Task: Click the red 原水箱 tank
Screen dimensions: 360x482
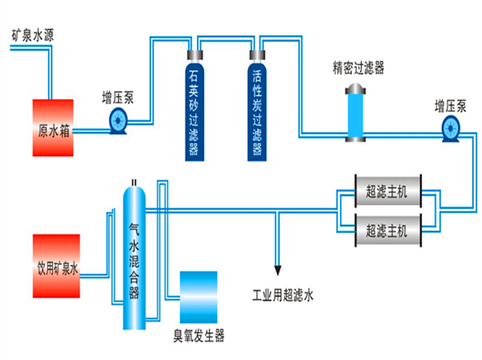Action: [x=52, y=121]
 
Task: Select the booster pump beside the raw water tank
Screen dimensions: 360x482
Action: [x=117, y=121]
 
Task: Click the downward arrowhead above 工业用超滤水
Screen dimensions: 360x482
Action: [x=279, y=267]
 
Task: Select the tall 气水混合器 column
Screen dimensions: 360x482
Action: [x=134, y=257]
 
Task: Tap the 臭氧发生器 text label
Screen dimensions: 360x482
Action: [x=198, y=334]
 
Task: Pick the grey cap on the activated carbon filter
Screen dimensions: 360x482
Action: [x=257, y=55]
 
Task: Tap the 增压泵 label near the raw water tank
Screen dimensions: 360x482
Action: [x=117, y=98]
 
